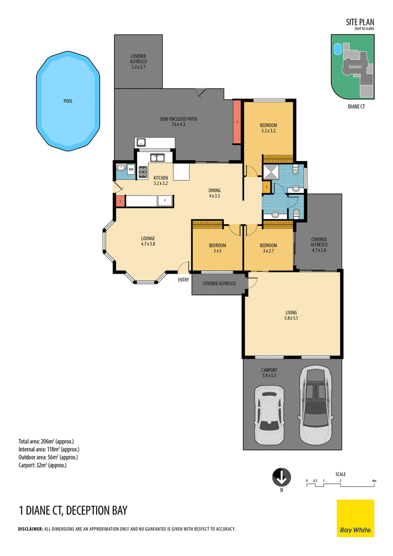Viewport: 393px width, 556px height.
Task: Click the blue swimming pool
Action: tap(68, 101)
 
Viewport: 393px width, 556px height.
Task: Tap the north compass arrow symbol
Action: tap(281, 477)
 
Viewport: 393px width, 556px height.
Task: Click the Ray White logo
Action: tap(355, 518)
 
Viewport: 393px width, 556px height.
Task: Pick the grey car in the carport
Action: tap(316, 405)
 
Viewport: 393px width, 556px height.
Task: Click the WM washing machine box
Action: tap(131, 169)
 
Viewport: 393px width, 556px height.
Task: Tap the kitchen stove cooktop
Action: tap(143, 172)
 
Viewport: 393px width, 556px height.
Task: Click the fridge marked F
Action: tap(165, 201)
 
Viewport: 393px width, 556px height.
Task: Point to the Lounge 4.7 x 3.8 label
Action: tap(148, 241)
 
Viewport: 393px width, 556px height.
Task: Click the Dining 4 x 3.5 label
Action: tap(215, 193)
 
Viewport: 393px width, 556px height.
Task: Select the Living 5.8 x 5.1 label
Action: tap(291, 315)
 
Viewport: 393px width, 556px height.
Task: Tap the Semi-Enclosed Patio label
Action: tap(178, 122)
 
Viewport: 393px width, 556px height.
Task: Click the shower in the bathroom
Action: tap(271, 172)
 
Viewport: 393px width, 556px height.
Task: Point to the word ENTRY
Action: tap(183, 280)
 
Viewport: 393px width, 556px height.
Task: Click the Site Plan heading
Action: tap(360, 22)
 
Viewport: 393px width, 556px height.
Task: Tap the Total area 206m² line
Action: tap(46, 442)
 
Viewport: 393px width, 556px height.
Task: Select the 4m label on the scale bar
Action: tap(374, 481)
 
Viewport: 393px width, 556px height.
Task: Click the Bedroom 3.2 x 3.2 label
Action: tap(269, 128)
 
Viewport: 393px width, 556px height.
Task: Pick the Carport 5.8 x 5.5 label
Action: tap(269, 373)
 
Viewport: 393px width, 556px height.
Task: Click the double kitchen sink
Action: tap(156, 158)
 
